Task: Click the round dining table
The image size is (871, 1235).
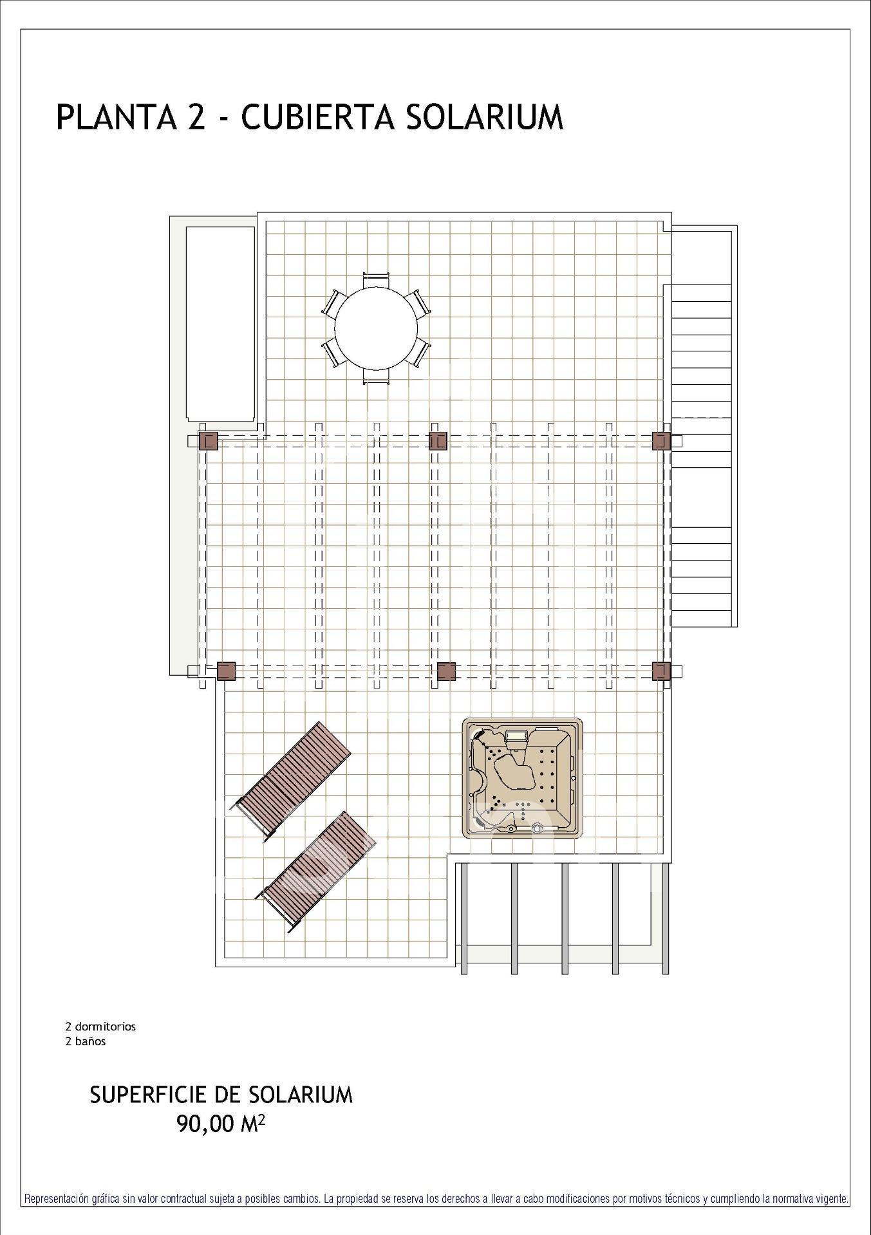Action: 376,328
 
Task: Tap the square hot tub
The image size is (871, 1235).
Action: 523,779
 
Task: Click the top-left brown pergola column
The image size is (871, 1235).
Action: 209,441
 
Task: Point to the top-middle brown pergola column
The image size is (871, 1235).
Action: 438,441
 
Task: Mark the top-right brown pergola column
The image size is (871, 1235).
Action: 662,441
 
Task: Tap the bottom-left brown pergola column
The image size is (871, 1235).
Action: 227,671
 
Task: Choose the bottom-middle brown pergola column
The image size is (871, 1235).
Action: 446,671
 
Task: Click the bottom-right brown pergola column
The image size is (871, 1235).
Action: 662,671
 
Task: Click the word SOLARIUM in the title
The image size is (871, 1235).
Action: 485,118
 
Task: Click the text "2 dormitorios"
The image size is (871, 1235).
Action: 100,1026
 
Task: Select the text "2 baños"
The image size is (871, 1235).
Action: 86,1041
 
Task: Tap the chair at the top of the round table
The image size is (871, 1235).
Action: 377,279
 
